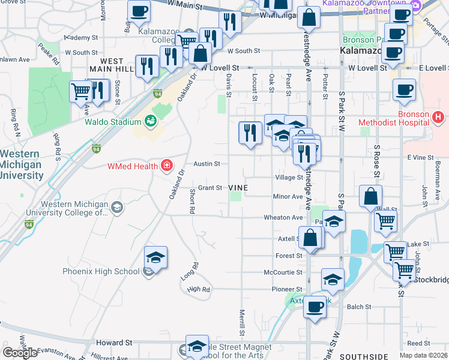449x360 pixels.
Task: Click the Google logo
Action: point(20,353)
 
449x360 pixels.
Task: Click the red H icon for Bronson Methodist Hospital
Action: point(438,116)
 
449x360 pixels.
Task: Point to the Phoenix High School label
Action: point(101,271)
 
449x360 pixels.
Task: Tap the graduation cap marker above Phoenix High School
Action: point(156,257)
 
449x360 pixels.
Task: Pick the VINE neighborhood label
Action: point(238,188)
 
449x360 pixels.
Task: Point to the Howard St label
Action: point(114,343)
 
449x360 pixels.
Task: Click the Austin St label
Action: point(206,163)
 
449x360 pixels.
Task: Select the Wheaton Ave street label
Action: point(283,217)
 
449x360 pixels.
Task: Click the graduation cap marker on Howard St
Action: point(197,346)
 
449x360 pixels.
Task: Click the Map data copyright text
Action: point(423,355)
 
